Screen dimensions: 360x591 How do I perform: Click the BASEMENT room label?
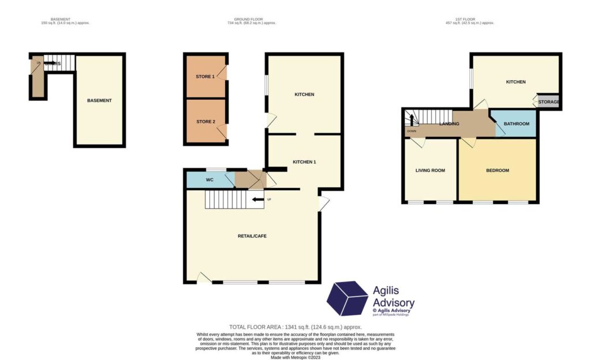(x=99, y=100)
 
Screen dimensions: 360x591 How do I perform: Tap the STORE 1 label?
(x=205, y=76)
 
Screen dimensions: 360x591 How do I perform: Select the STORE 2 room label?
(x=205, y=122)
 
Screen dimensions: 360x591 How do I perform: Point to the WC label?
(x=210, y=180)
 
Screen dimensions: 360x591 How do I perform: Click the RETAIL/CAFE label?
(x=252, y=236)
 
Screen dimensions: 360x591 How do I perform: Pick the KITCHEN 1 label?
(x=304, y=162)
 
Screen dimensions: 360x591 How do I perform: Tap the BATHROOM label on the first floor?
(x=516, y=123)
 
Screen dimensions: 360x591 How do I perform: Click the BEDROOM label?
(x=498, y=170)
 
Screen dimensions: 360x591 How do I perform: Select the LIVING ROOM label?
(x=430, y=170)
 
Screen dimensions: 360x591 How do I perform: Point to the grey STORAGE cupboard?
(x=548, y=102)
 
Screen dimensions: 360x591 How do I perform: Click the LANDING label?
(x=449, y=123)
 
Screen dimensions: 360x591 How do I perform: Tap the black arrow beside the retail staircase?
(x=257, y=200)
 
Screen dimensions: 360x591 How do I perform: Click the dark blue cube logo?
(x=347, y=299)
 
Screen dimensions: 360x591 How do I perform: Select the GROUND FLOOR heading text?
(x=251, y=19)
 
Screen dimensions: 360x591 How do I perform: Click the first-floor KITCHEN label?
(x=515, y=82)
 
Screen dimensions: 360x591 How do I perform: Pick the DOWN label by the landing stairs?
(x=412, y=131)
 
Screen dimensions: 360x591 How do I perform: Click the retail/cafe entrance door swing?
(x=203, y=277)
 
